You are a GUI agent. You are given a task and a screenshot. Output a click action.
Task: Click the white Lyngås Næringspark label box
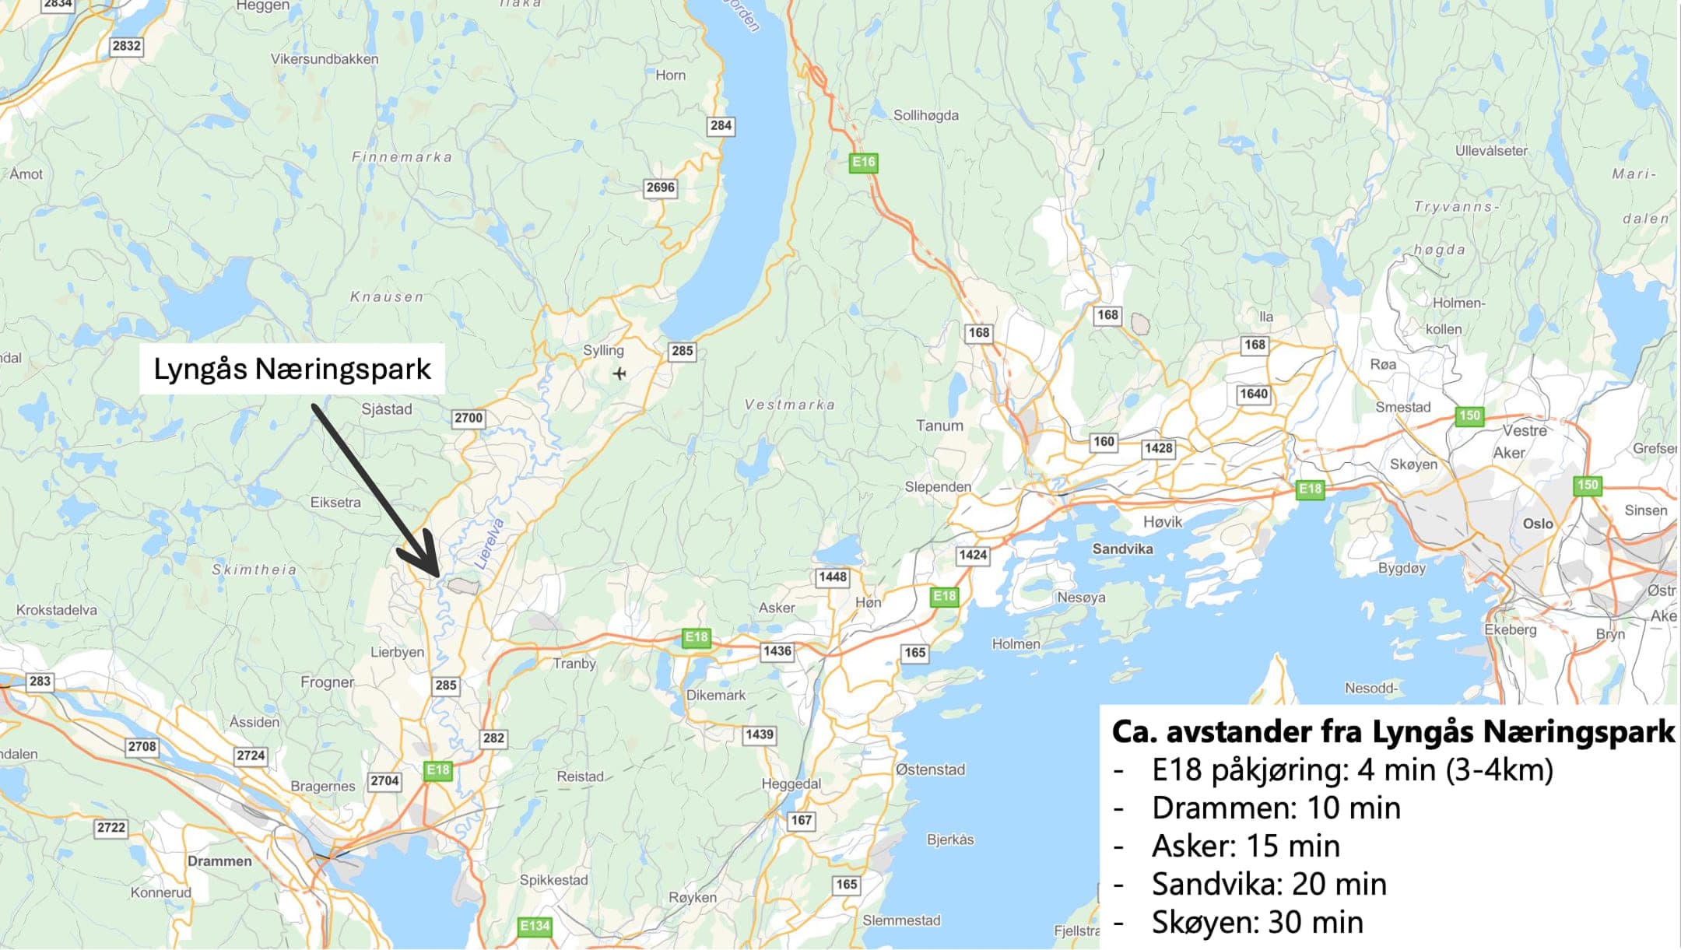pos(292,369)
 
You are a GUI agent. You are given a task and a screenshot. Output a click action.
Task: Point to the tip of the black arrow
pos(438,576)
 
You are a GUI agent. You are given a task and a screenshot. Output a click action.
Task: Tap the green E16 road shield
pos(863,162)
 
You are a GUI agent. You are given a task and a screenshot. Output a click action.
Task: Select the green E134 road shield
pos(534,926)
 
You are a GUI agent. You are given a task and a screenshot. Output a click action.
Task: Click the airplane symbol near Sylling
pos(619,373)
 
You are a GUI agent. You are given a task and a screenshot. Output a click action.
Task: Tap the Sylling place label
pos(603,350)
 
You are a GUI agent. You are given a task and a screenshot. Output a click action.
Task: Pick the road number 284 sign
pos(721,125)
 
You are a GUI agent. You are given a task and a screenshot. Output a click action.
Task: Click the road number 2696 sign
pos(660,188)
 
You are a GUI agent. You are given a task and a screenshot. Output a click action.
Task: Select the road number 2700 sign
pos(469,418)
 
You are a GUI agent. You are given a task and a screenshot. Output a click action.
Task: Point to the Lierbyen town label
pos(397,652)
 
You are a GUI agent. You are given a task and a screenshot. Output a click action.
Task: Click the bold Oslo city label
pos(1538,524)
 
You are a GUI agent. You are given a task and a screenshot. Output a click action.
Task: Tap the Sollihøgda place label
pos(925,115)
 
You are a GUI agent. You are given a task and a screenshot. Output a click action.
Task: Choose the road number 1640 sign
pos(1253,394)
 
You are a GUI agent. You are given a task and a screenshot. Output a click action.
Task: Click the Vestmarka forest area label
pos(789,405)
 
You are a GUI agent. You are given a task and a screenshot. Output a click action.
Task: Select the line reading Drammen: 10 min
pos(1276,808)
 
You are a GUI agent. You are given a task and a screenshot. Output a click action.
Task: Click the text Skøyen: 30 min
pos(1258,923)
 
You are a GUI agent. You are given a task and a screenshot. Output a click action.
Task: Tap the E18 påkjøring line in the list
pos(1352,770)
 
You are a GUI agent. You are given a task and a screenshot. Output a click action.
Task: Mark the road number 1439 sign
pos(759,734)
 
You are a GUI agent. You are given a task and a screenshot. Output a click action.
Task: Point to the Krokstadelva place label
pos(57,610)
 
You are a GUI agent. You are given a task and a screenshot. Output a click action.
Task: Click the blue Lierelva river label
pos(490,544)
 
